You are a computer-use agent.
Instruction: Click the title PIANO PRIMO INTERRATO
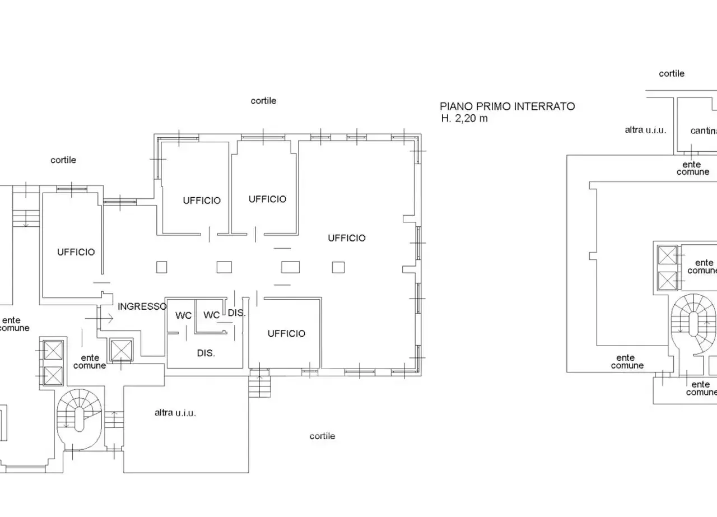pyautogui.click(x=508, y=106)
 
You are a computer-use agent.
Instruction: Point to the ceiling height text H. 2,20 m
pyautogui.click(x=464, y=118)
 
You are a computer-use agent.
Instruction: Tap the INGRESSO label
pyautogui.click(x=142, y=306)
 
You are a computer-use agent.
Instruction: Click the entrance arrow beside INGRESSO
pyautogui.click(x=99, y=319)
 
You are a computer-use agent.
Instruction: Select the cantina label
pyautogui.click(x=704, y=131)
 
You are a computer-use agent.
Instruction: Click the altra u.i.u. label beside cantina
pyautogui.click(x=645, y=129)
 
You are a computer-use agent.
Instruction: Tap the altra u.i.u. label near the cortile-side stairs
pyautogui.click(x=175, y=413)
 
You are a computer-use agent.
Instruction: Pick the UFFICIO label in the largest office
pyautogui.click(x=347, y=238)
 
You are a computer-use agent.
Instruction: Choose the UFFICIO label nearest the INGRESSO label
pyautogui.click(x=76, y=252)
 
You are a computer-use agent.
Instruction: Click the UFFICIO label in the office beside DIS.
pyautogui.click(x=286, y=334)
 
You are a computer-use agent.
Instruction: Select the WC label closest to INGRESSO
pyautogui.click(x=183, y=316)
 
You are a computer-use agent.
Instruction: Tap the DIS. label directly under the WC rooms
pyautogui.click(x=206, y=353)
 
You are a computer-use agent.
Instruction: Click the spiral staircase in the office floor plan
pyautogui.click(x=79, y=420)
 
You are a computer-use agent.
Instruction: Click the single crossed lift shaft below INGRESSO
pyautogui.click(x=121, y=350)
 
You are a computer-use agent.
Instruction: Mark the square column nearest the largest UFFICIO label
pyautogui.click(x=338, y=267)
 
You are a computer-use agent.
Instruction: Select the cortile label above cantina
pyautogui.click(x=672, y=73)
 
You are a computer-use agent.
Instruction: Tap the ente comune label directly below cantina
pyautogui.click(x=693, y=168)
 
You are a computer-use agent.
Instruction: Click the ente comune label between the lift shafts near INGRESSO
pyautogui.click(x=90, y=362)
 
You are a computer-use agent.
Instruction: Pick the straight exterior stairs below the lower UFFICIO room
pyautogui.click(x=260, y=383)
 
